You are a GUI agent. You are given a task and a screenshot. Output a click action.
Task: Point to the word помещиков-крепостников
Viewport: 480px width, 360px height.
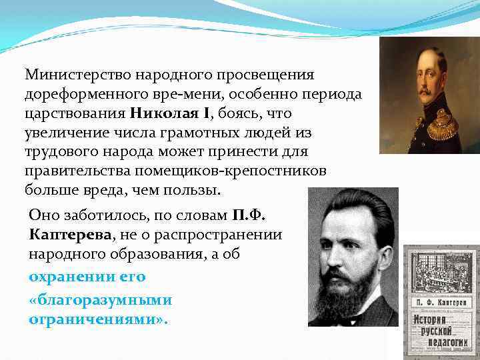click(249, 171)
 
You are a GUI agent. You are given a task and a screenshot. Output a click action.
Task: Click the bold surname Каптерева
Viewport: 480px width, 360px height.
click(70, 236)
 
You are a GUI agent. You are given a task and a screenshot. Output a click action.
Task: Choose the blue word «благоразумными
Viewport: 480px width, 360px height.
click(100, 299)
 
